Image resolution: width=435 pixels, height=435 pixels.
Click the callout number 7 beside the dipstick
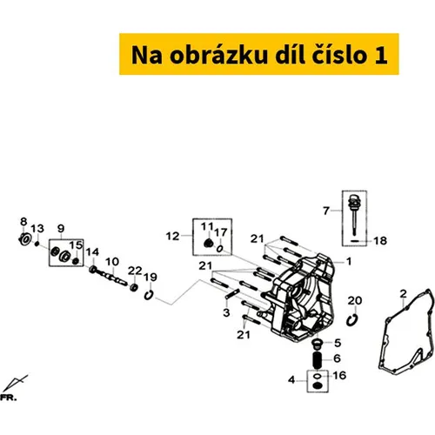[x=326, y=211]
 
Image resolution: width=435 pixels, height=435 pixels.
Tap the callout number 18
[x=380, y=241]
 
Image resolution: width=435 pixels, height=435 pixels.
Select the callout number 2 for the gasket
[x=403, y=294]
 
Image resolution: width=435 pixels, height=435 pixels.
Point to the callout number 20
[x=354, y=301]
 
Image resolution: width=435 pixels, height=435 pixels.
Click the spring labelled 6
[x=318, y=360]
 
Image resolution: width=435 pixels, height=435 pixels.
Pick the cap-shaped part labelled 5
[x=318, y=345]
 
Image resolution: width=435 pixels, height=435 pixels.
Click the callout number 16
[x=339, y=376]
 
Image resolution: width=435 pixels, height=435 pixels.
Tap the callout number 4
[x=291, y=379]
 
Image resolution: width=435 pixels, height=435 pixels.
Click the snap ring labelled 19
[x=149, y=295]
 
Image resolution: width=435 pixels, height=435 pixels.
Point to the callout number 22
[x=135, y=271]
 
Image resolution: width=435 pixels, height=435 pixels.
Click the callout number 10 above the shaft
[x=112, y=262]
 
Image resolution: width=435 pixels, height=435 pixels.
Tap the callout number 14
[x=92, y=252]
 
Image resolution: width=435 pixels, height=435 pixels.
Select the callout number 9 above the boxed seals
[x=61, y=229]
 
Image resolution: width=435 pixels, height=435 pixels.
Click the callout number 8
[x=23, y=222]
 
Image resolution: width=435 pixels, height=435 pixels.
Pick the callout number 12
[x=172, y=236]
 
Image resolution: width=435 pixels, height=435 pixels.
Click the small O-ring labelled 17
[x=220, y=249]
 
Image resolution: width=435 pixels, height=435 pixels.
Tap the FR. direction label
[x=8, y=398]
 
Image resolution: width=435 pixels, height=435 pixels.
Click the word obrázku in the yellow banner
[x=218, y=55]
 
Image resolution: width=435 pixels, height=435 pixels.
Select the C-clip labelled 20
[x=352, y=320]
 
